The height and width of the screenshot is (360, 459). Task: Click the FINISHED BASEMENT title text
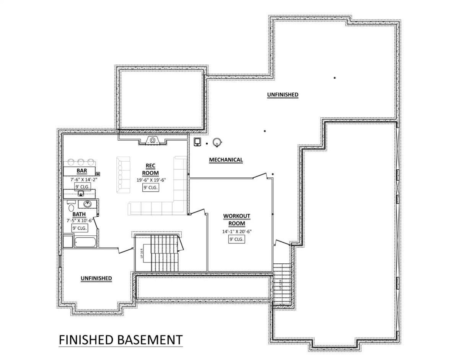[x=120, y=339]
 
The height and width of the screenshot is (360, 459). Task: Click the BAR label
[x=81, y=170]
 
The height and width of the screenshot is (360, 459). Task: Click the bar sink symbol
[x=81, y=193]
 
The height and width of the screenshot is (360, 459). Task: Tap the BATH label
[x=79, y=214]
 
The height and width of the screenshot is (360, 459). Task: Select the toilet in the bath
[x=71, y=207]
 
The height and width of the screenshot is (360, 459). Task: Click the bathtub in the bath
[x=85, y=242]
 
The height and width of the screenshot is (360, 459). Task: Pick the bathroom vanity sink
[x=88, y=204]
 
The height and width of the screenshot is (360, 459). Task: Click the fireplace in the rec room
[x=152, y=141]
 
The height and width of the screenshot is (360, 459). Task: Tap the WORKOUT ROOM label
[x=237, y=220]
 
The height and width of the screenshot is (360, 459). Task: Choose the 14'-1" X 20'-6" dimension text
[x=237, y=231]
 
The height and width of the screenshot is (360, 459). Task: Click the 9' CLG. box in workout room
[x=237, y=239]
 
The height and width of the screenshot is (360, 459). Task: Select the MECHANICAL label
[x=226, y=160]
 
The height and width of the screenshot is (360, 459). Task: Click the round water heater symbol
[x=217, y=143]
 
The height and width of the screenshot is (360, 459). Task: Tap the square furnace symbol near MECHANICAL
[x=197, y=142]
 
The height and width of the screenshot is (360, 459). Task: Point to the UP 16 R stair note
[x=142, y=253]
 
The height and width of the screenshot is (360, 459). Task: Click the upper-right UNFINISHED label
[x=283, y=94]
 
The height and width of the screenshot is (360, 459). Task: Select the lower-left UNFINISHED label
[x=96, y=278]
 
